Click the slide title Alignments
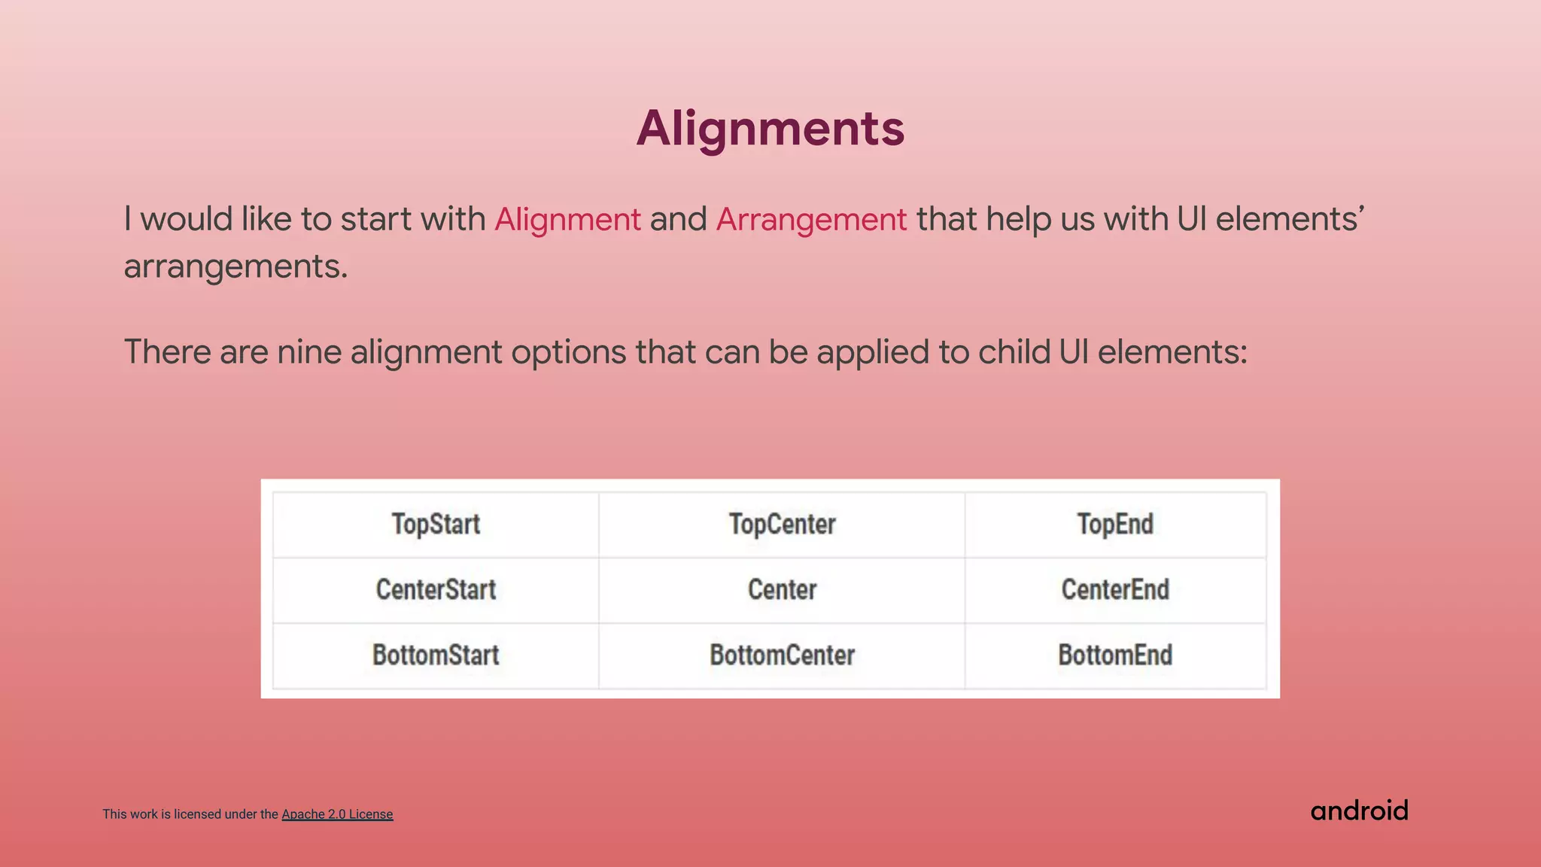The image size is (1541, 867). point(770,128)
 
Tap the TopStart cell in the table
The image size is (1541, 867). point(436,524)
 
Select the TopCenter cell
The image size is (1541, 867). point(782,524)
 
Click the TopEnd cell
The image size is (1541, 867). point(1115,524)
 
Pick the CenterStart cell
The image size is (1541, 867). point(436,589)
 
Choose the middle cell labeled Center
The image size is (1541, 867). point(782,589)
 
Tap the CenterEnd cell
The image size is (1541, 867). point(1115,589)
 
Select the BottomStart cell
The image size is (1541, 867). point(436,655)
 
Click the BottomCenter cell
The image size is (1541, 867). point(782,655)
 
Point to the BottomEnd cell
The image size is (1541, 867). point(1115,655)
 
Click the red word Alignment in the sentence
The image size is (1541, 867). point(567,220)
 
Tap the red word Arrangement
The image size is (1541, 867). point(811,220)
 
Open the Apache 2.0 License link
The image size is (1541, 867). point(337,814)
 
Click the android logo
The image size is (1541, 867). point(1359,811)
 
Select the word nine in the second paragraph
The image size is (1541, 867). point(309,352)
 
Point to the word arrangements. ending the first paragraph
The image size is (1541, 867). point(236,266)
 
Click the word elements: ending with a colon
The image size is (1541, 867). point(1172,352)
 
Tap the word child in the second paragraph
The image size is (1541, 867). point(1014,352)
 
